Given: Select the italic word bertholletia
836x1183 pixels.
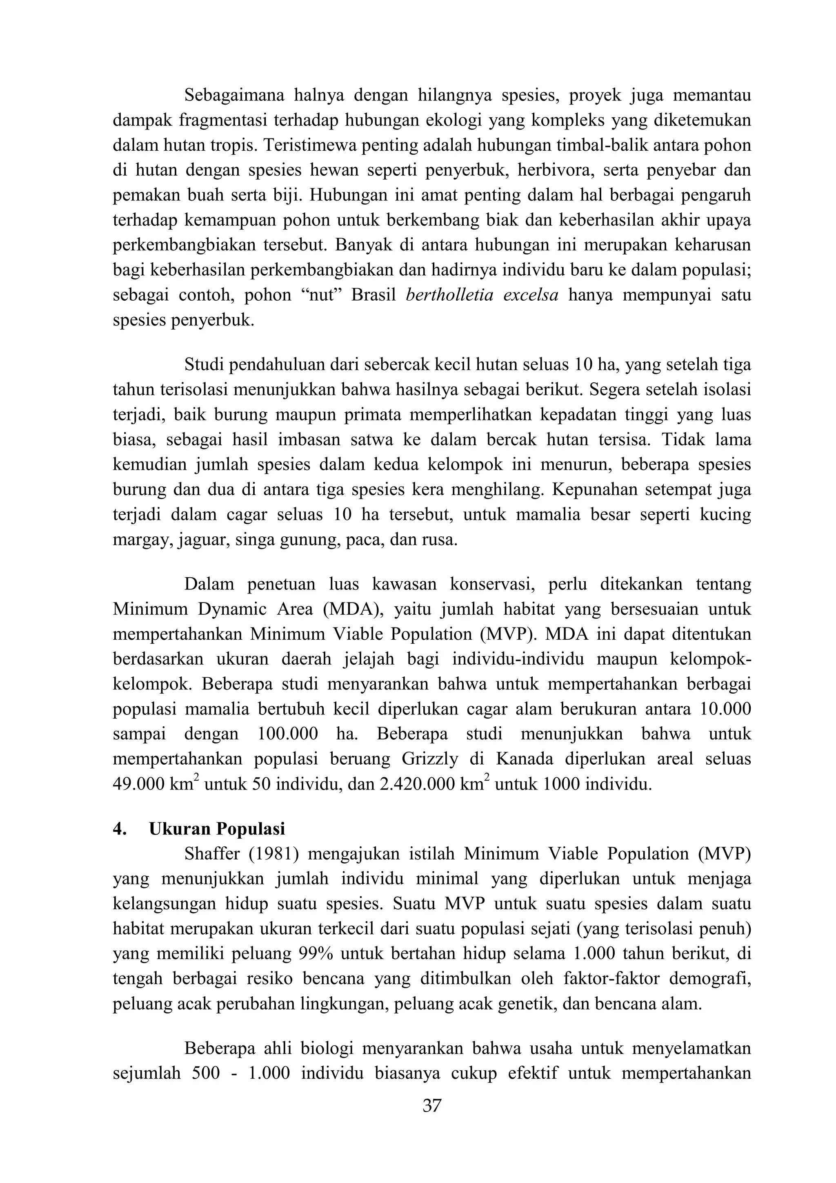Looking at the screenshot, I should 449,296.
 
